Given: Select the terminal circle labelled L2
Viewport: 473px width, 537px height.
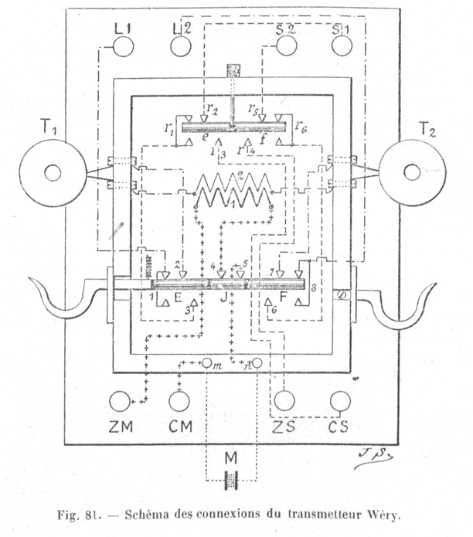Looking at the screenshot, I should (180, 48).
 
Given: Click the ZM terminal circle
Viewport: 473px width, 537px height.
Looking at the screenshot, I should (120, 402).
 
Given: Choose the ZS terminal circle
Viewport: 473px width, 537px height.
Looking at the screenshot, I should (285, 400).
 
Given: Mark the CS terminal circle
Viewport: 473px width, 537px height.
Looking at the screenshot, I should (340, 400).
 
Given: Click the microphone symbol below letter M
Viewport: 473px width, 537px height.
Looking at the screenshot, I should (230, 485).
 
